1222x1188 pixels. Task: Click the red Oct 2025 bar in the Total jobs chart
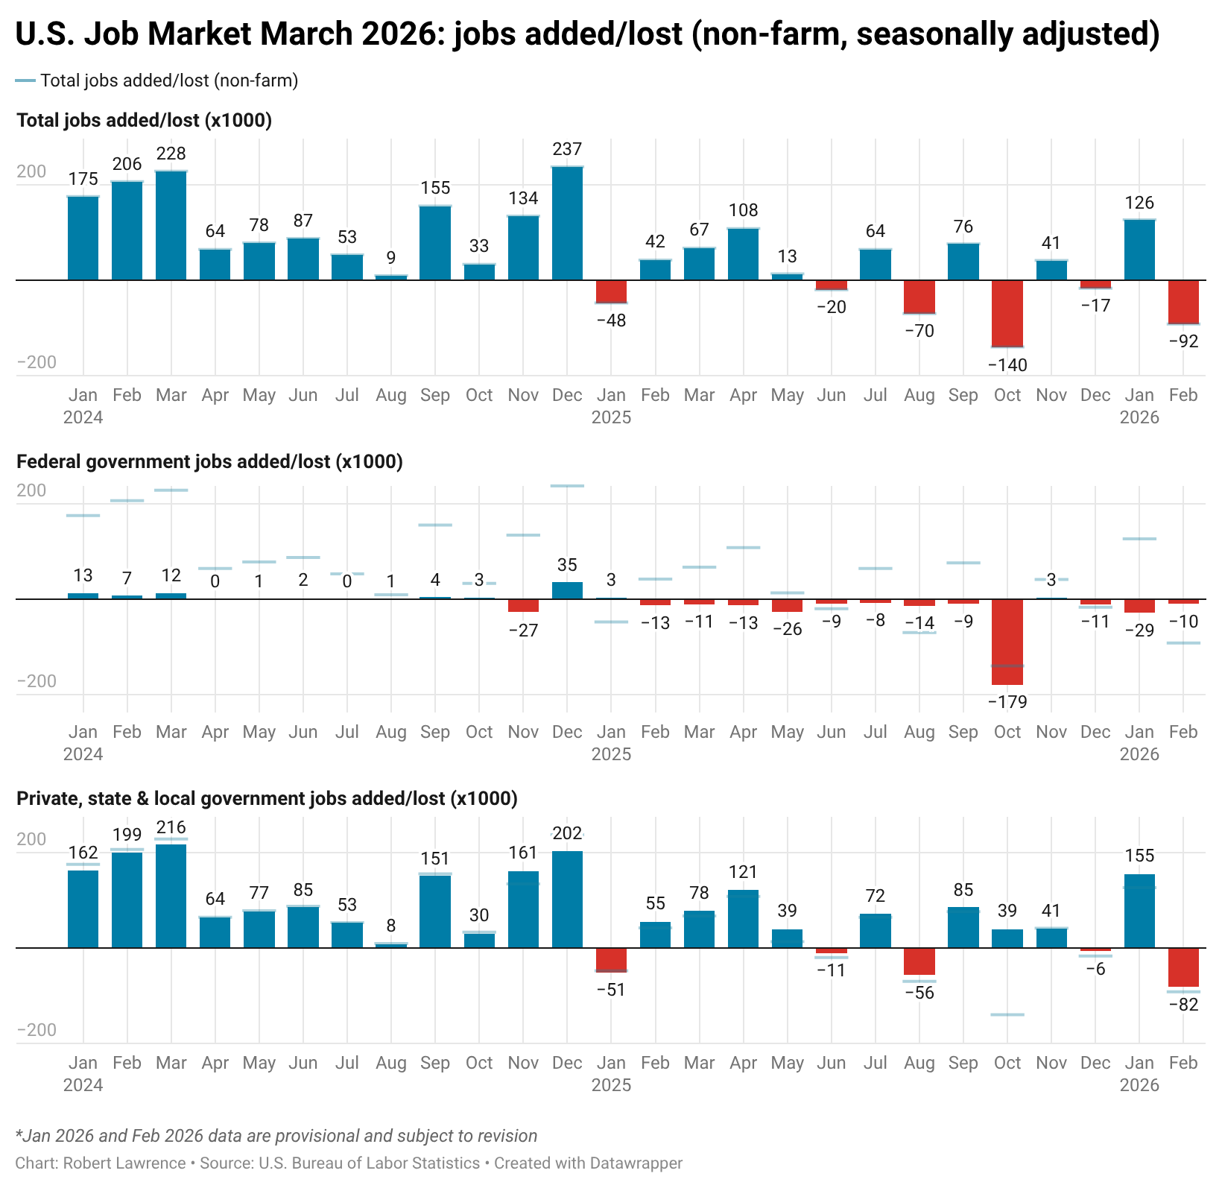click(1007, 313)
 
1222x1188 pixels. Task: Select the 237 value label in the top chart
click(567, 149)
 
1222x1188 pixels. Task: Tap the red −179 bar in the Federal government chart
click(1007, 642)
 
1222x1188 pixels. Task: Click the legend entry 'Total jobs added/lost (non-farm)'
click(168, 80)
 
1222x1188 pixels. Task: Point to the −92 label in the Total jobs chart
click(1183, 342)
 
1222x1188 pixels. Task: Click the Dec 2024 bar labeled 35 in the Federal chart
click(567, 590)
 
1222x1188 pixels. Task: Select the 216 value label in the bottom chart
click(171, 827)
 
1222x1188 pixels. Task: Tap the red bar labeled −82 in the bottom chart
click(1183, 967)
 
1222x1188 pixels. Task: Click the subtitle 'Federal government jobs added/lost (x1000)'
click(209, 462)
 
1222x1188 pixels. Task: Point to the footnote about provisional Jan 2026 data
click(276, 1136)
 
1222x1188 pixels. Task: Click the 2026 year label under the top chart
click(1139, 417)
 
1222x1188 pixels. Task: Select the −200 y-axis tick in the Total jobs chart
click(37, 363)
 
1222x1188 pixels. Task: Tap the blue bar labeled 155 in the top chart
click(435, 243)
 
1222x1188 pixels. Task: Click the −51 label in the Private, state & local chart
click(611, 990)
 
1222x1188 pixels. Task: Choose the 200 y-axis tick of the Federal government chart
click(31, 490)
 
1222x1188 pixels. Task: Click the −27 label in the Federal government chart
click(523, 631)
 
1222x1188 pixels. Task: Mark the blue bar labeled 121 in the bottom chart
click(743, 919)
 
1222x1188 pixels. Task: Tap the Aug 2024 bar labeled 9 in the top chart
click(391, 277)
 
